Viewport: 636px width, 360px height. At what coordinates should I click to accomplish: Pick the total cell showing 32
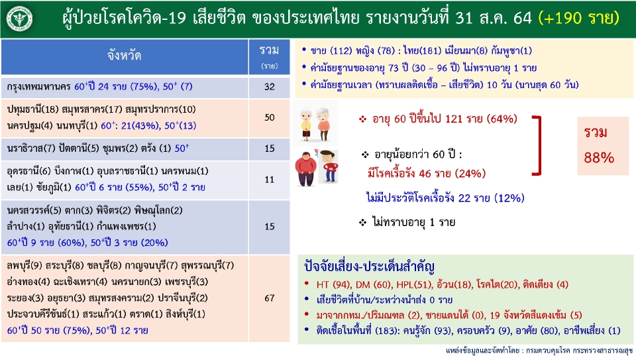(269, 87)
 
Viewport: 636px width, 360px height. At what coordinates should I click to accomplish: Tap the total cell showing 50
(269, 117)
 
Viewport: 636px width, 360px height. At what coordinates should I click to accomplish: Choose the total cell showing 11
(269, 179)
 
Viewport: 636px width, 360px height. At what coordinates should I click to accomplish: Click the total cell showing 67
(269, 298)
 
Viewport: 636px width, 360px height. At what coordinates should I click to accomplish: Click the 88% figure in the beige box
(599, 158)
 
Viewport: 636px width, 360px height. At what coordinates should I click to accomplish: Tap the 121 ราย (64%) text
(478, 119)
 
